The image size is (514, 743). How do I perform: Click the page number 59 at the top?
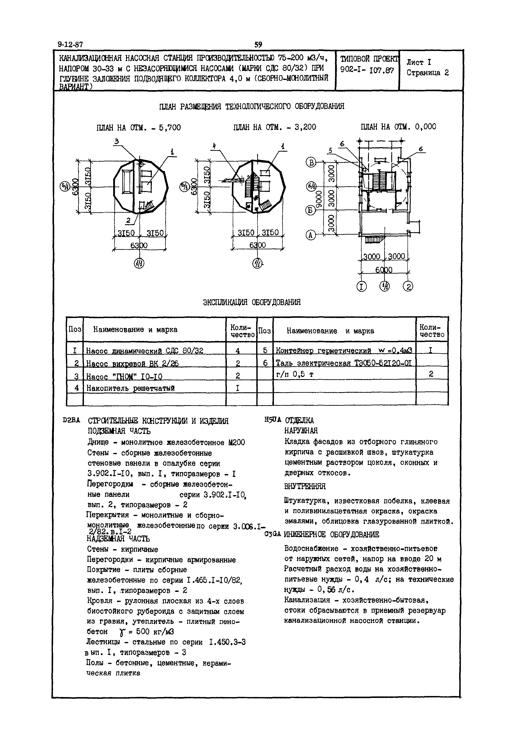pos(258,45)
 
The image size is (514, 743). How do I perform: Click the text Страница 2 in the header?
pos(427,73)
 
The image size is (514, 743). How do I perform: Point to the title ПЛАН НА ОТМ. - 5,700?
pos(139,128)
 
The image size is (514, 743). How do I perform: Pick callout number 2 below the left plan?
pos(128,221)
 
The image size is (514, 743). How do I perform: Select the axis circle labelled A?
pos(311,235)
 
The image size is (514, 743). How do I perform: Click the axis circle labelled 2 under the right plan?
pos(409,286)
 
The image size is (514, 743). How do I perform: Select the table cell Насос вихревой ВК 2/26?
pos(132,363)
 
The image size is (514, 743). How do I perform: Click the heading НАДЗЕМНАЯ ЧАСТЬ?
pos(118,539)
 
